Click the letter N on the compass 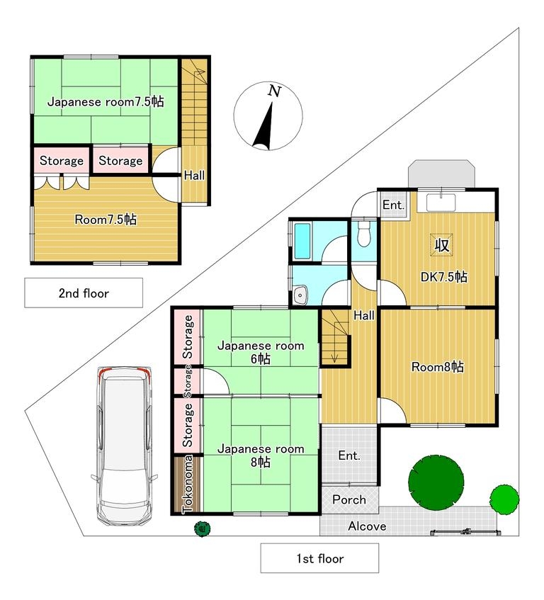[x=274, y=91]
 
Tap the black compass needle [x=263, y=126]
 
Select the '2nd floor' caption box [x=84, y=293]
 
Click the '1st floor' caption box [x=320, y=558]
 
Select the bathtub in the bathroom [x=302, y=241]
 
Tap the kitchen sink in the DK [x=441, y=202]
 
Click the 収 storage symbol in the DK [x=442, y=244]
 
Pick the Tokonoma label [x=188, y=484]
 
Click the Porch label [x=349, y=499]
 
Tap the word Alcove [x=367, y=526]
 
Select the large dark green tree [x=436, y=482]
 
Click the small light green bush [x=504, y=499]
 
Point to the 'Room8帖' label [x=438, y=366]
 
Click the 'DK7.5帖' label [x=443, y=277]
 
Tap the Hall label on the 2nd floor [x=194, y=175]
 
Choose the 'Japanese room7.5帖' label [x=106, y=102]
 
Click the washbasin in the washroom [x=302, y=295]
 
